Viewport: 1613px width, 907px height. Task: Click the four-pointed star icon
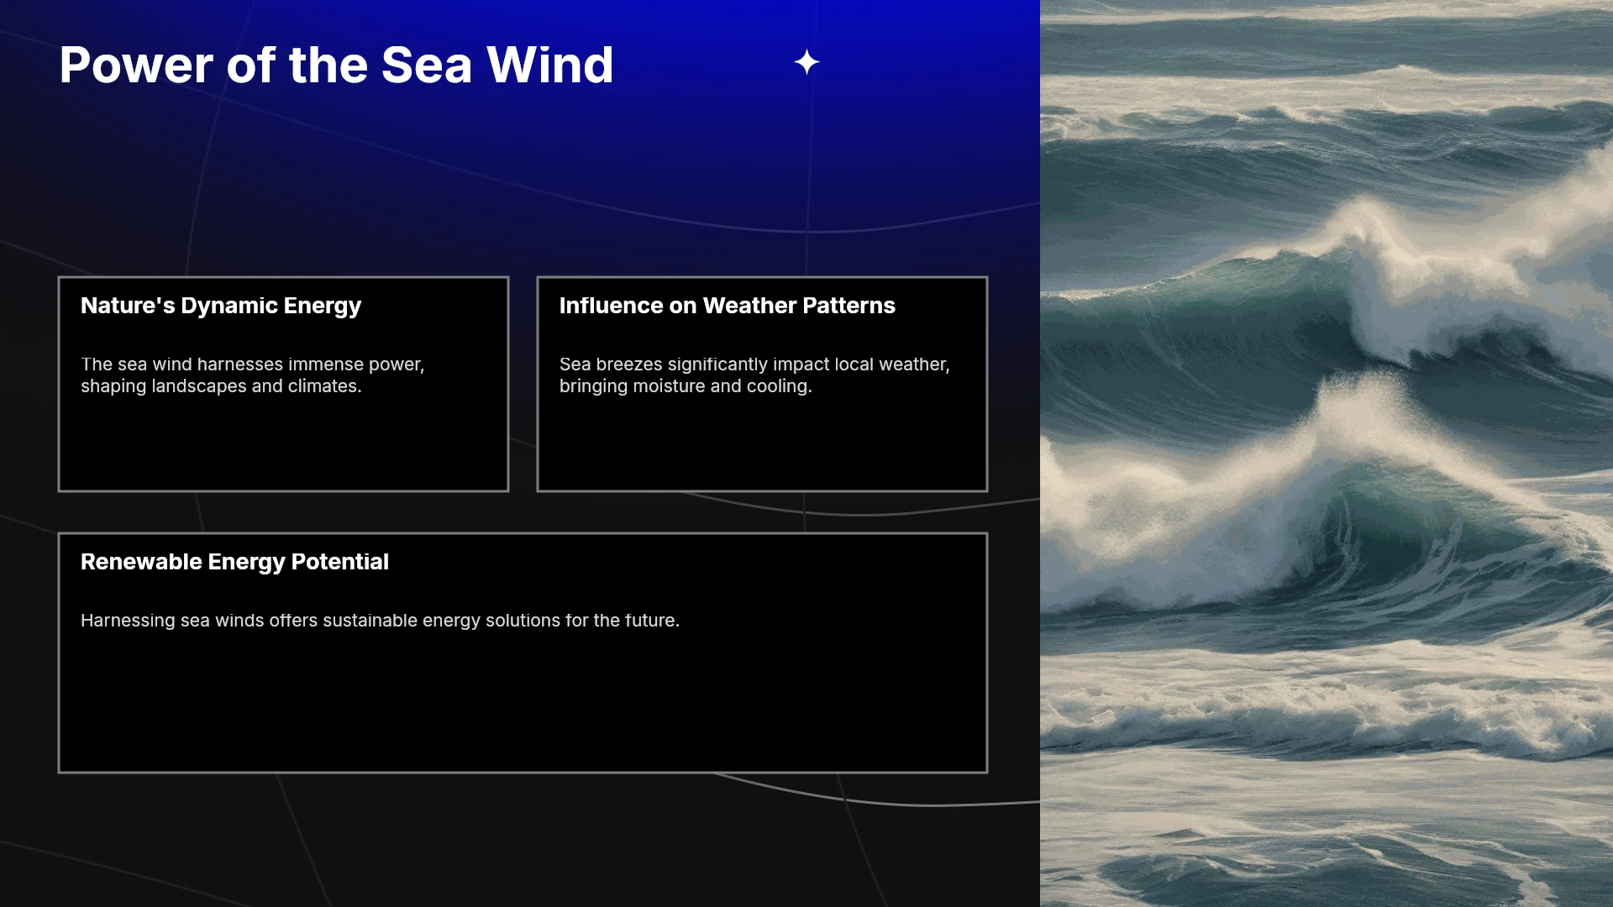pos(806,62)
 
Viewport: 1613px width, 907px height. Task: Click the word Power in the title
pos(137,65)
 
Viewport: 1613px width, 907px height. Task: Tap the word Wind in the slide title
pos(550,65)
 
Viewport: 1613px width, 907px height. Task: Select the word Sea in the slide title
pos(427,65)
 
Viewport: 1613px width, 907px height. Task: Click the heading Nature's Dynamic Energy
pos(221,306)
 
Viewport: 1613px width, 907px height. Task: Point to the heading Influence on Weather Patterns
pos(728,306)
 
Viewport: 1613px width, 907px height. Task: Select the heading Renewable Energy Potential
pos(234,562)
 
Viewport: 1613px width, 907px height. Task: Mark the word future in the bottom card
pos(652,621)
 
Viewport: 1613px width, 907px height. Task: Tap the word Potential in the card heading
pos(339,562)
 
